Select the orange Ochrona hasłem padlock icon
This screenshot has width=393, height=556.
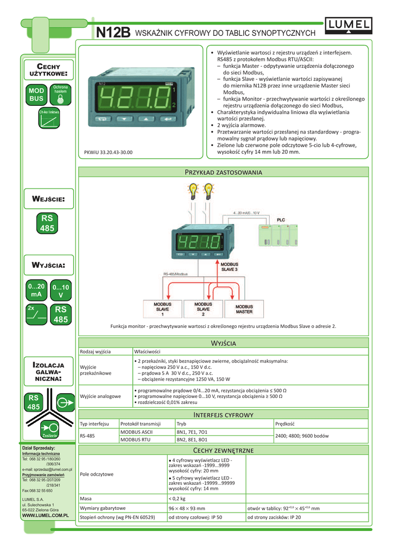coord(60,96)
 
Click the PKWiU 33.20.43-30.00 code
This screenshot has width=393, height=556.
coord(108,153)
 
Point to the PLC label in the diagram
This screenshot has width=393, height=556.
coord(281,220)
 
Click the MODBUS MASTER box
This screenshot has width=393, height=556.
coord(244,309)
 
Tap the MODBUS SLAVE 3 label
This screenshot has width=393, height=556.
coord(229,266)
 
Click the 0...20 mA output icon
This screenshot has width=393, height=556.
coord(36,290)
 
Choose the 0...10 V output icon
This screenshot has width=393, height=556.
coord(60,290)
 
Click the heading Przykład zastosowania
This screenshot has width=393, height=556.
coord(224,172)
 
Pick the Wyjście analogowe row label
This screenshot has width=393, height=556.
coord(100,396)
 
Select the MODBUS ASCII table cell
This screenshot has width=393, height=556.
coord(136,432)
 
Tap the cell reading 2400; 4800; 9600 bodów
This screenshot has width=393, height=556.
coord(302,436)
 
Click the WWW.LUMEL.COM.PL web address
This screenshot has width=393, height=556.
coord(45,514)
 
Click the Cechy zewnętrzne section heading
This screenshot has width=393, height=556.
coord(224,451)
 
